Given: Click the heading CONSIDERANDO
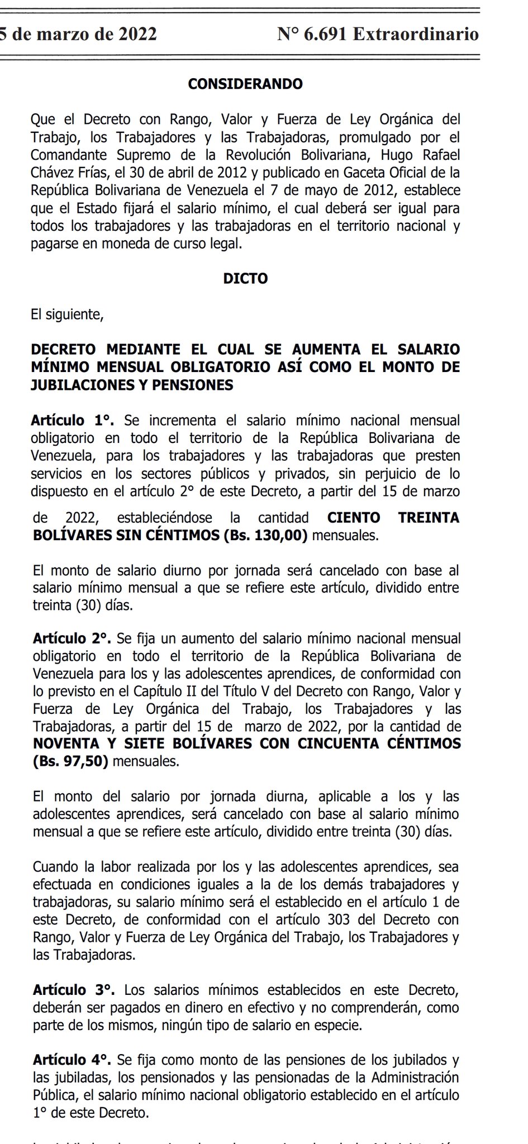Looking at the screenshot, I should (245, 84).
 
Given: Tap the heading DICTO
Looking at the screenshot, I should (245, 278).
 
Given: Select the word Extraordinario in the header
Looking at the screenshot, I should (416, 35).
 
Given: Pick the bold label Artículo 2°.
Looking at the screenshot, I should (73, 638).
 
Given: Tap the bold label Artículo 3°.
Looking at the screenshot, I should (74, 990).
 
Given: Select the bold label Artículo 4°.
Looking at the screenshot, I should (73, 1060).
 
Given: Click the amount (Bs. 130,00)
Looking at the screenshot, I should (265, 536).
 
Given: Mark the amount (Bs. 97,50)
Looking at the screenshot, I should (70, 762).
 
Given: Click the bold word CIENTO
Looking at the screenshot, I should (354, 518).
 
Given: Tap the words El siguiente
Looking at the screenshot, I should (67, 314).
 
